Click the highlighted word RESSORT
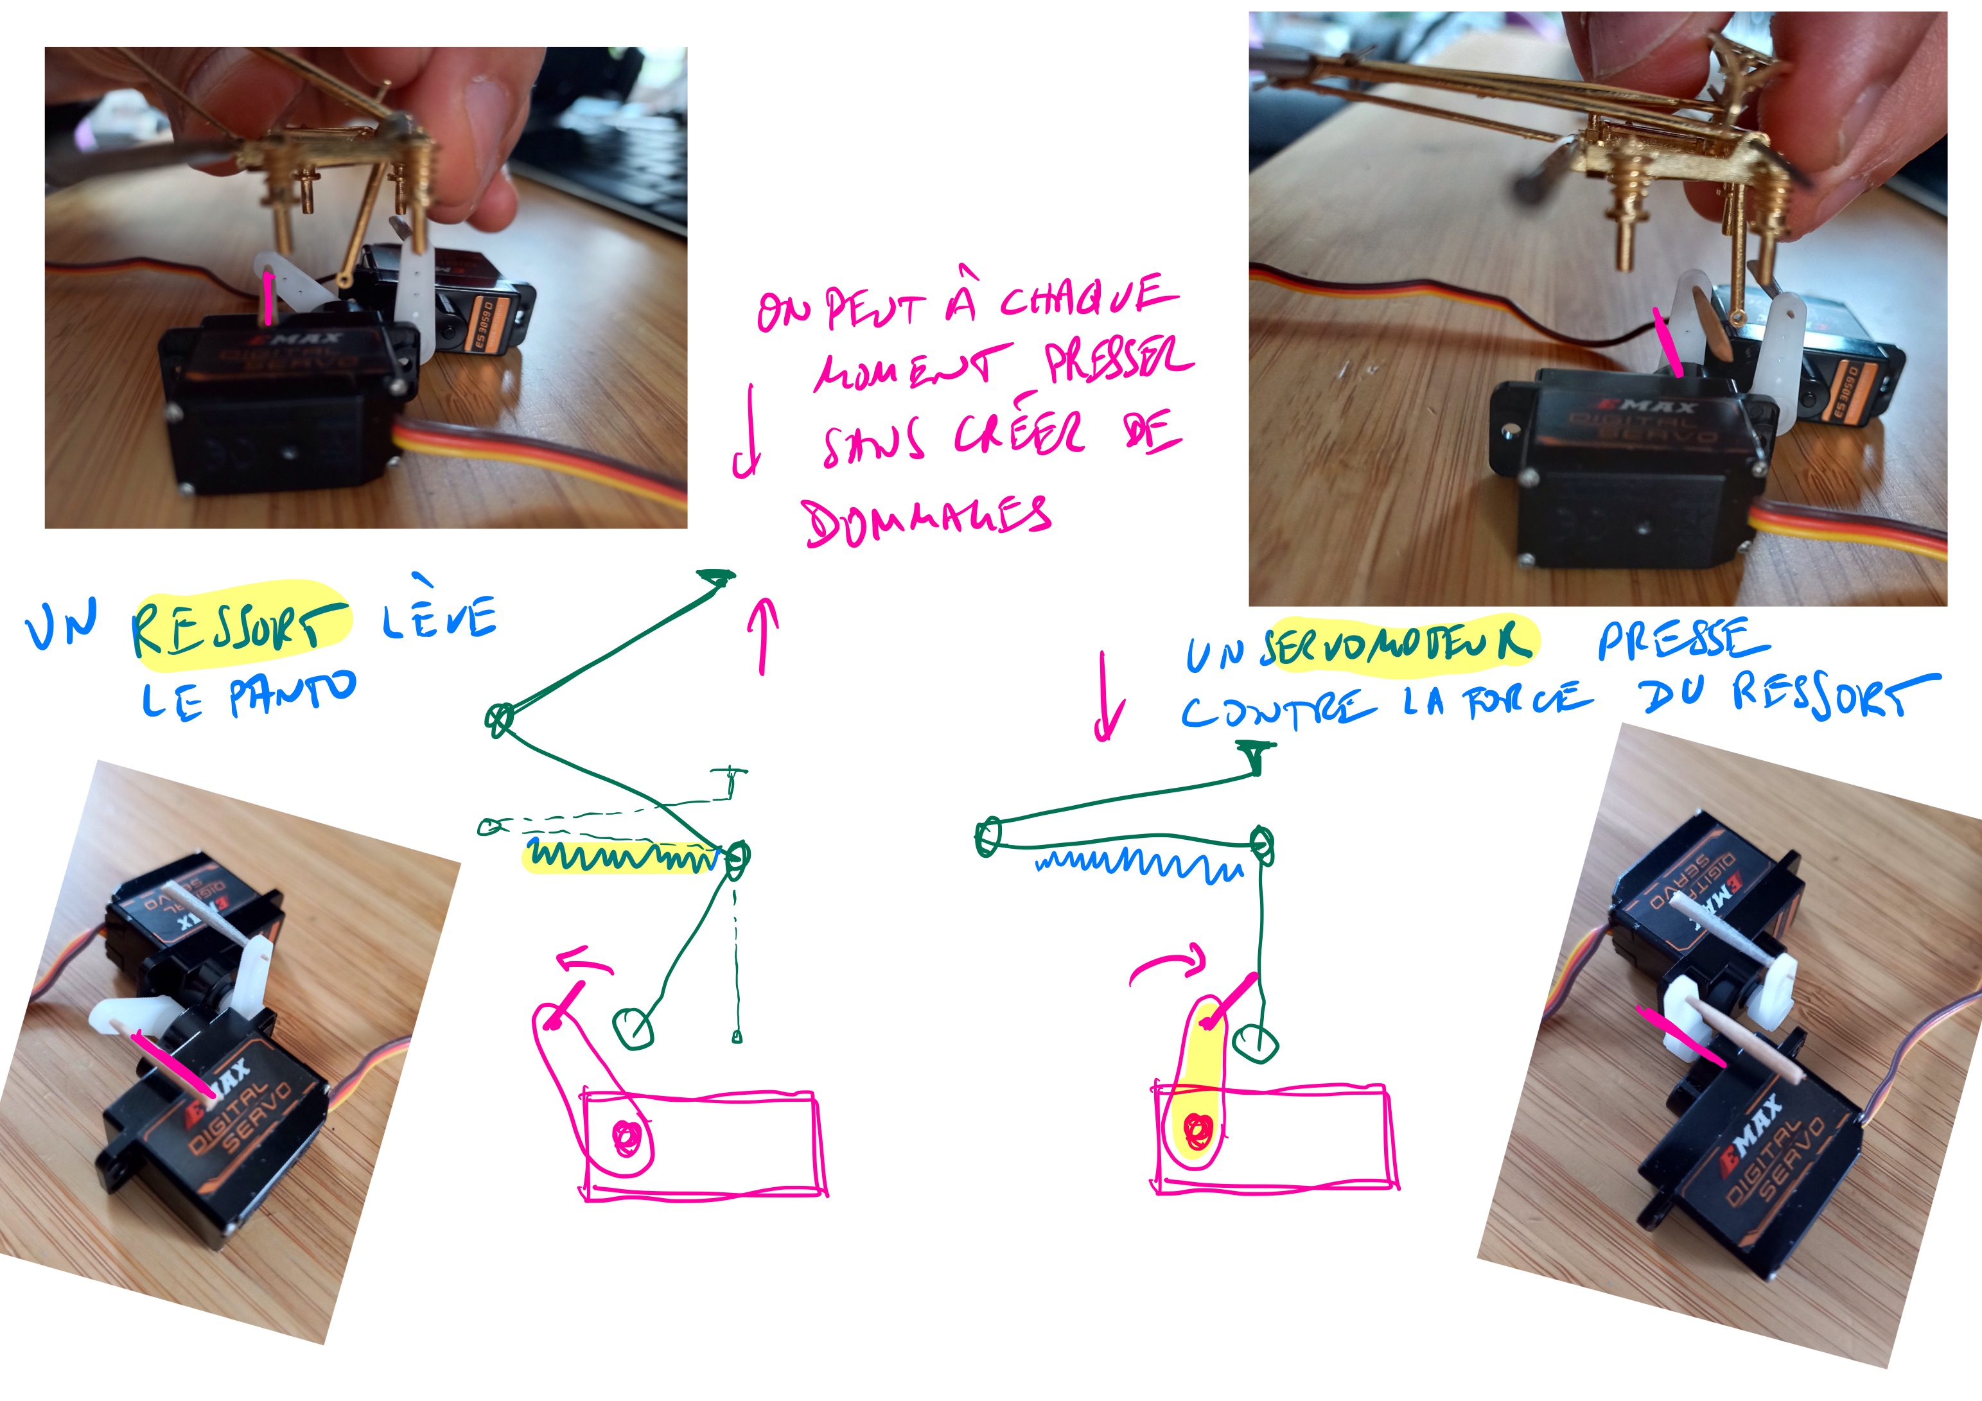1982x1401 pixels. [x=240, y=627]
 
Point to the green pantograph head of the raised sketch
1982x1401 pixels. [x=717, y=577]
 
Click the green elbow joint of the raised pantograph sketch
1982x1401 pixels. [x=499, y=718]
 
